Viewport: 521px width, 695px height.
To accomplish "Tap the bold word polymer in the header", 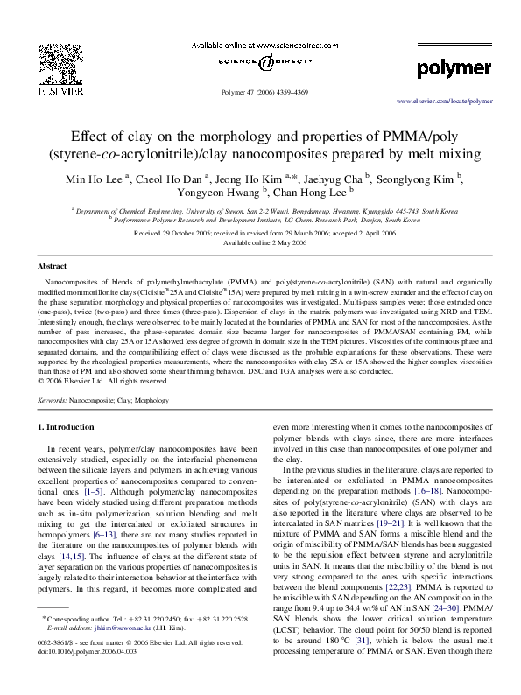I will coord(454,67).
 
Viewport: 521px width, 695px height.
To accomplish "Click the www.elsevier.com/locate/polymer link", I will coord(445,101).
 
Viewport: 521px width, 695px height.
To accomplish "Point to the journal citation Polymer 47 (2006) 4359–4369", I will coord(260,91).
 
